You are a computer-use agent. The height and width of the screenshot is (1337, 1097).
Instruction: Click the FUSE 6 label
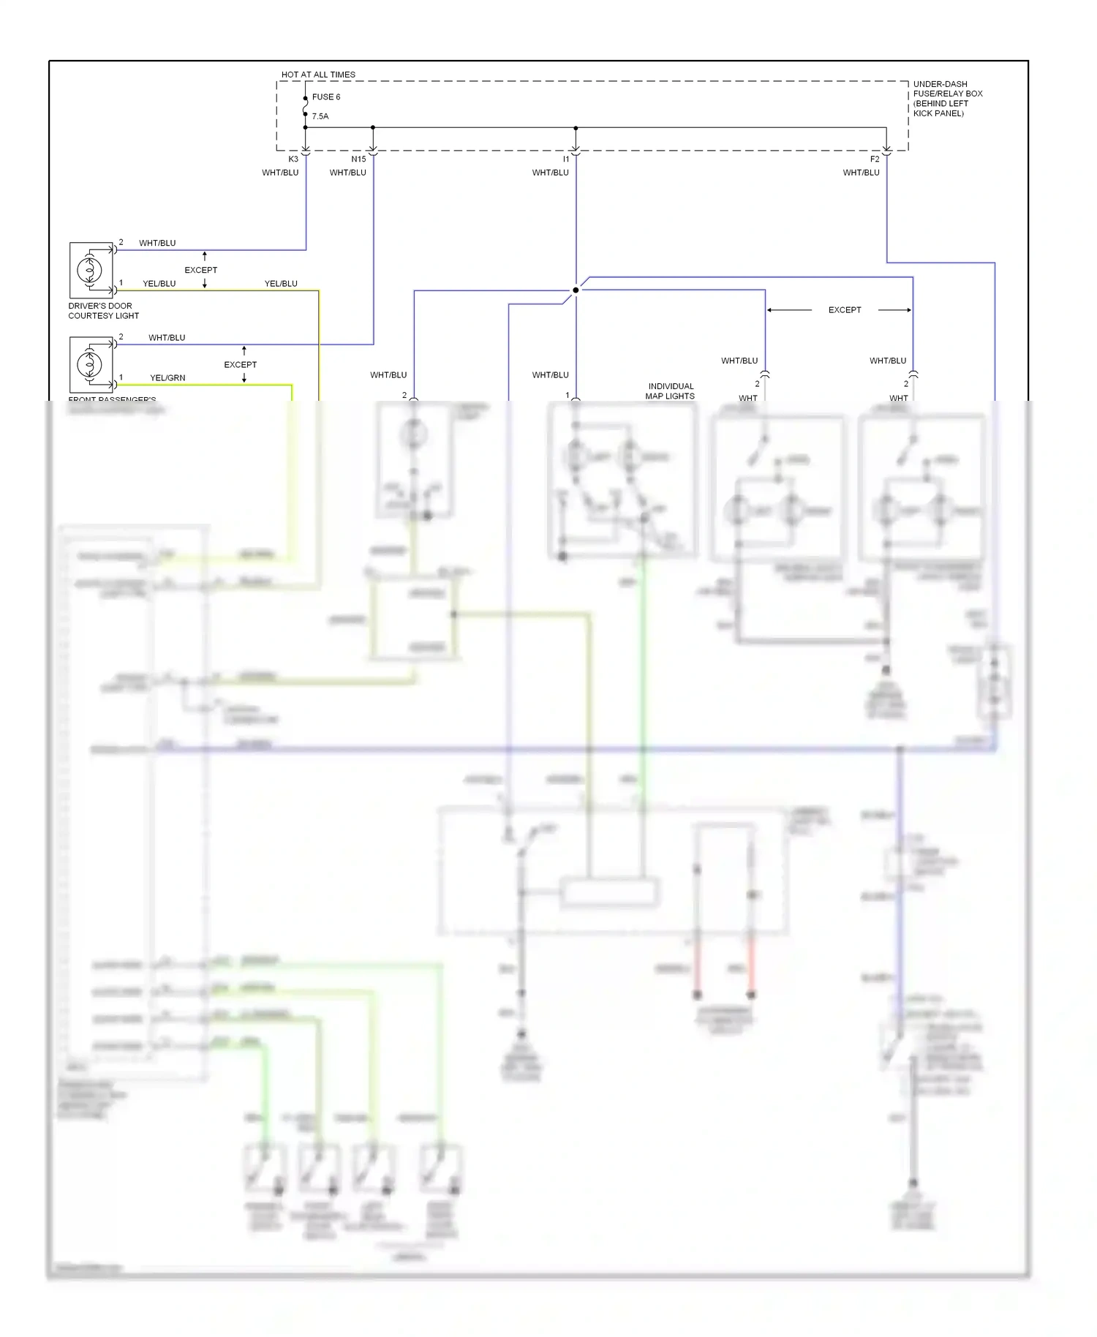pyautogui.click(x=325, y=97)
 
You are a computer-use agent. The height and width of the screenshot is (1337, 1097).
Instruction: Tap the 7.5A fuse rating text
pyautogui.click(x=320, y=116)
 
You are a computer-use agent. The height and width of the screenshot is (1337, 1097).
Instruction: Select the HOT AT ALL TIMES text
pyautogui.click(x=318, y=75)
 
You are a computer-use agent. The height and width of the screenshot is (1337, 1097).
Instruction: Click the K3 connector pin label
pyautogui.click(x=293, y=159)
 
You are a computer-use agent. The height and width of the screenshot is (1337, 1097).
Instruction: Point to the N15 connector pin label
pyautogui.click(x=358, y=159)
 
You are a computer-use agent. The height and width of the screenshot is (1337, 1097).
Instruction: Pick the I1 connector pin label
pyautogui.click(x=565, y=159)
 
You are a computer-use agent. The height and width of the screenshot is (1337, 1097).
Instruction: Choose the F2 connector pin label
pyautogui.click(x=875, y=159)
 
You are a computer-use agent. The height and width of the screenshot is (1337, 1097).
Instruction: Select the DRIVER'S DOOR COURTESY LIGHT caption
pyautogui.click(x=103, y=311)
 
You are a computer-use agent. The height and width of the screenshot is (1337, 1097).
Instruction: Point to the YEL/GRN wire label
pyautogui.click(x=167, y=378)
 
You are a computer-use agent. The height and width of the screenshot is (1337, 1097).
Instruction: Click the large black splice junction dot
pyautogui.click(x=576, y=290)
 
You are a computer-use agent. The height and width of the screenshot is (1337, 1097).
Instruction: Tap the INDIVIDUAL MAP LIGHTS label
pyautogui.click(x=670, y=391)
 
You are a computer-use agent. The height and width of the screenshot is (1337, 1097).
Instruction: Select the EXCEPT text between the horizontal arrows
pyautogui.click(x=844, y=310)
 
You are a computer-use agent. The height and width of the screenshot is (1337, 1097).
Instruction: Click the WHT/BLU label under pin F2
pyautogui.click(x=861, y=173)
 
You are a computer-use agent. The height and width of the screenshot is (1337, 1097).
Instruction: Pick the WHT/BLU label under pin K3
pyautogui.click(x=280, y=173)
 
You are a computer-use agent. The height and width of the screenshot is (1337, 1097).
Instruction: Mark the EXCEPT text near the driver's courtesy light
pyautogui.click(x=200, y=270)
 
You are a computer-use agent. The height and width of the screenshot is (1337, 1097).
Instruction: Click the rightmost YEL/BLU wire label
pyautogui.click(x=281, y=284)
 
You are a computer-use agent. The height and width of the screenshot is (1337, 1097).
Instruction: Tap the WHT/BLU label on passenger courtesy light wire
pyautogui.click(x=167, y=338)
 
